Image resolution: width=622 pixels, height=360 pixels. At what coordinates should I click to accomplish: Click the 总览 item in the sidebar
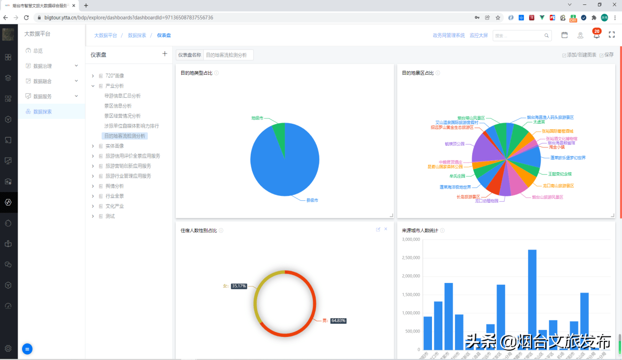[x=38, y=51]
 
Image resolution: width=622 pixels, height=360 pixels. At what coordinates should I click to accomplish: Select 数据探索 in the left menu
[x=42, y=111]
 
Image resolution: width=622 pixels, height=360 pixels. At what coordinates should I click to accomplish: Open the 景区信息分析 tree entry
[x=118, y=106]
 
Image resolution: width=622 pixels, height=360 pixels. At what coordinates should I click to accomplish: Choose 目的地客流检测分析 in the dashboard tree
[x=125, y=136]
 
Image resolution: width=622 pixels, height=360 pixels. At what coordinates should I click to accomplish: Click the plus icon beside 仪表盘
[x=165, y=54]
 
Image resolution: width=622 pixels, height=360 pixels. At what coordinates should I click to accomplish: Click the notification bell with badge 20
[x=596, y=35]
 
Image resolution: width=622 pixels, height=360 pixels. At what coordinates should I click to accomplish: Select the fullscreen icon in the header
[x=612, y=35]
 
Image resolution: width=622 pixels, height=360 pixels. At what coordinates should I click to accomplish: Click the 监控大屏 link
[x=479, y=35]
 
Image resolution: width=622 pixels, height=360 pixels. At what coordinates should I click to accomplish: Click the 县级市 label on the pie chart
[x=312, y=200]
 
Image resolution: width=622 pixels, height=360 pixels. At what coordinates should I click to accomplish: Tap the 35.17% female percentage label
[x=239, y=286]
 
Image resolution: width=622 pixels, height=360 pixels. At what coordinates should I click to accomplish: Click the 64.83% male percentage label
[x=338, y=321]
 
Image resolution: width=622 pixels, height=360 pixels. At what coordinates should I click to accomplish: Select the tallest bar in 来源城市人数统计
[x=532, y=299]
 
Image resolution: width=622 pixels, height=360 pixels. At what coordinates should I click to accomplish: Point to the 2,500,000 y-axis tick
[x=410, y=258]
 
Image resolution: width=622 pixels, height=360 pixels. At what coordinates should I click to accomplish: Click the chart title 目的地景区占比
[x=418, y=73]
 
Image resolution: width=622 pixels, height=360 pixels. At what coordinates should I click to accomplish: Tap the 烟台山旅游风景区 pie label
[x=547, y=197]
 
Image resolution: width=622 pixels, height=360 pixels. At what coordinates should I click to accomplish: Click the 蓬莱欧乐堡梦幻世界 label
[x=568, y=158]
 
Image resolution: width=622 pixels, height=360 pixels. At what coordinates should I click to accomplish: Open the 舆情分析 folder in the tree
[x=114, y=186]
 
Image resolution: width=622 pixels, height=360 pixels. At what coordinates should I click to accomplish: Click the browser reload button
[x=27, y=18]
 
